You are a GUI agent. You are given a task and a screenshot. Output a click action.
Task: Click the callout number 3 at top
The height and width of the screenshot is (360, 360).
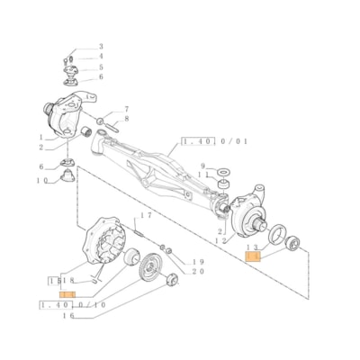point(101,46)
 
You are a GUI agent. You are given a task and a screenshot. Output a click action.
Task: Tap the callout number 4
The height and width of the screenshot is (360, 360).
point(101,57)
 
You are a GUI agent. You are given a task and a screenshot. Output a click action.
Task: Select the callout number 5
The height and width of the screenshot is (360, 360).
point(101,67)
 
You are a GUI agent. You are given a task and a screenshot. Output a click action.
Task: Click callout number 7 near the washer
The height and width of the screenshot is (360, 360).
point(126,108)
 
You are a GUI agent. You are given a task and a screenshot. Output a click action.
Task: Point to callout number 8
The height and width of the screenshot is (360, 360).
point(126,119)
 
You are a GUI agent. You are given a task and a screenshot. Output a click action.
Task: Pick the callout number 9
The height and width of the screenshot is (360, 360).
point(203,166)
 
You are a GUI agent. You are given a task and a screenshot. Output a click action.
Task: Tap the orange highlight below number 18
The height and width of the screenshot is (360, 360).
point(67,293)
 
